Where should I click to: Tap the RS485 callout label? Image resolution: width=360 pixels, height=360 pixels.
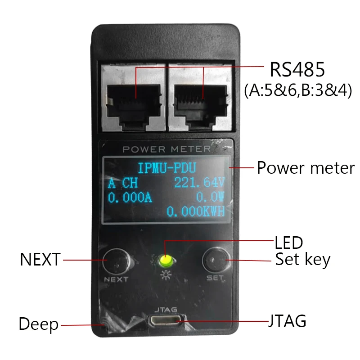[297, 70]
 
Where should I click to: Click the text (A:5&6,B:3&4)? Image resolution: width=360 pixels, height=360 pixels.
[298, 90]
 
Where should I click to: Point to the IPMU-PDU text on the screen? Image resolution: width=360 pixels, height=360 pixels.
[166, 169]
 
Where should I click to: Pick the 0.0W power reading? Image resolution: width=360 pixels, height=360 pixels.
[210, 197]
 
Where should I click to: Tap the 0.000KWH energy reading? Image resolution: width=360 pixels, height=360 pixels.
[195, 211]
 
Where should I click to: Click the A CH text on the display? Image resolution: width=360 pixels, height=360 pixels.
[122, 184]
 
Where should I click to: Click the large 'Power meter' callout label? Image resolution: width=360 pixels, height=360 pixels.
[306, 168]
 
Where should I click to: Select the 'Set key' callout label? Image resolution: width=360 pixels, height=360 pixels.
[302, 260]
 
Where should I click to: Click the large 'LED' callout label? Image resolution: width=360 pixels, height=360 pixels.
[288, 243]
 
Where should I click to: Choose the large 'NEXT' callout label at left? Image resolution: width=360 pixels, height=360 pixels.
[40, 260]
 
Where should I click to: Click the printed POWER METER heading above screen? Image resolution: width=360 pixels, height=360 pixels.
[166, 149]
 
